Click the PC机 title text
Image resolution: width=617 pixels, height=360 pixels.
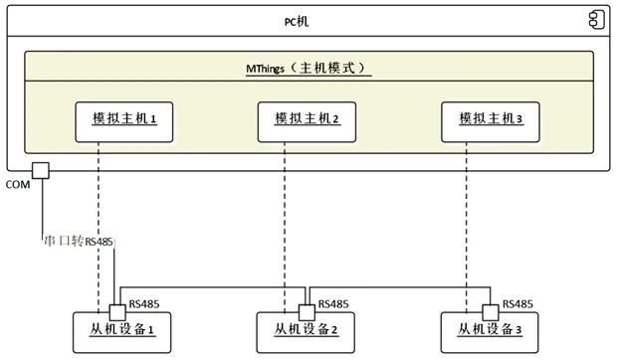point(308,21)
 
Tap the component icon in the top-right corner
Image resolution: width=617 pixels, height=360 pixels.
point(595,19)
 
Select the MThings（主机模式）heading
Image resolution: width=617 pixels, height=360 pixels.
point(308,69)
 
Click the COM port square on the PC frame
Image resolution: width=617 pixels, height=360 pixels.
point(42,171)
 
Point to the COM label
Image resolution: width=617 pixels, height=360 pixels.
point(18,185)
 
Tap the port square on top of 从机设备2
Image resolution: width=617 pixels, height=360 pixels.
point(308,310)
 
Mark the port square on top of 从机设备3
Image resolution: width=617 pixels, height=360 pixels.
point(490,310)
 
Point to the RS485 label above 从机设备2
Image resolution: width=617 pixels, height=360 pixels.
point(332,304)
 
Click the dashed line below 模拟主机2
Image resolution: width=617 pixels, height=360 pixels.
point(285,219)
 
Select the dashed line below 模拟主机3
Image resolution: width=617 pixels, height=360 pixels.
point(468,219)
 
